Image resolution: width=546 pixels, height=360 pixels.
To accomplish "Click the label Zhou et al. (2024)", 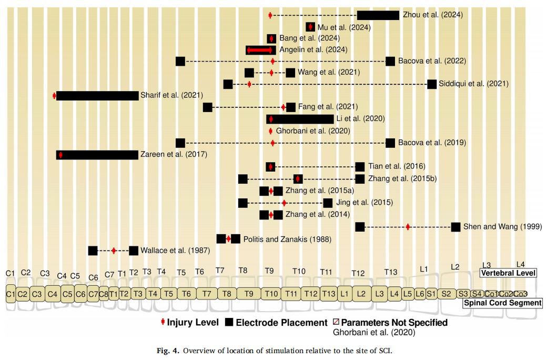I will (x=432, y=15).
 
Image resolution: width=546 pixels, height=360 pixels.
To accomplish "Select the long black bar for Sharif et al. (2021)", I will (x=97, y=95).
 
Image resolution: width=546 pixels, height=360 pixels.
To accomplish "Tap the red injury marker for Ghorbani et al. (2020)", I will (x=271, y=131).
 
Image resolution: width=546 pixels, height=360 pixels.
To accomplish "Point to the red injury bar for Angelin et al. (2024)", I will (x=260, y=50).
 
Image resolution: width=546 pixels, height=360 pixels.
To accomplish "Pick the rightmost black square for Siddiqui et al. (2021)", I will (x=432, y=84).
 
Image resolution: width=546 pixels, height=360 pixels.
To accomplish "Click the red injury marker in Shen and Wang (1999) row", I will (x=408, y=227).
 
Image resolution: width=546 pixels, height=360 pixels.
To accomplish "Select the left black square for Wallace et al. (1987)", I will (x=93, y=251).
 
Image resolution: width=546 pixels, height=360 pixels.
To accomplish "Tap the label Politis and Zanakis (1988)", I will (x=287, y=239).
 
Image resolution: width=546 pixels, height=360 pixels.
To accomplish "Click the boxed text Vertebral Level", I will (x=508, y=273).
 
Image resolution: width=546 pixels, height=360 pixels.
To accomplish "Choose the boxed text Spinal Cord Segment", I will (x=502, y=303).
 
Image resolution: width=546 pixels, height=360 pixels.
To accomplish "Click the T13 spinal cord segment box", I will (x=329, y=293).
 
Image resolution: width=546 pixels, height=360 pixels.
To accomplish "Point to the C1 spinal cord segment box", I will (x=11, y=293).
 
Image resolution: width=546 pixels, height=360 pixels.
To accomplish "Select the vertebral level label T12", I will (x=358, y=273).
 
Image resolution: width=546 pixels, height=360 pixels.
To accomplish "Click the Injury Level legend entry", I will (x=189, y=322).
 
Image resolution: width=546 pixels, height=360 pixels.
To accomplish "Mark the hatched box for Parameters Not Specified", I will (x=337, y=322).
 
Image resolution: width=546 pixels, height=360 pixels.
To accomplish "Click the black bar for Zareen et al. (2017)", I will (x=97, y=155).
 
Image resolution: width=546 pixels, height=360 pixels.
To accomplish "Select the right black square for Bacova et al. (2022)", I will (x=390, y=61).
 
